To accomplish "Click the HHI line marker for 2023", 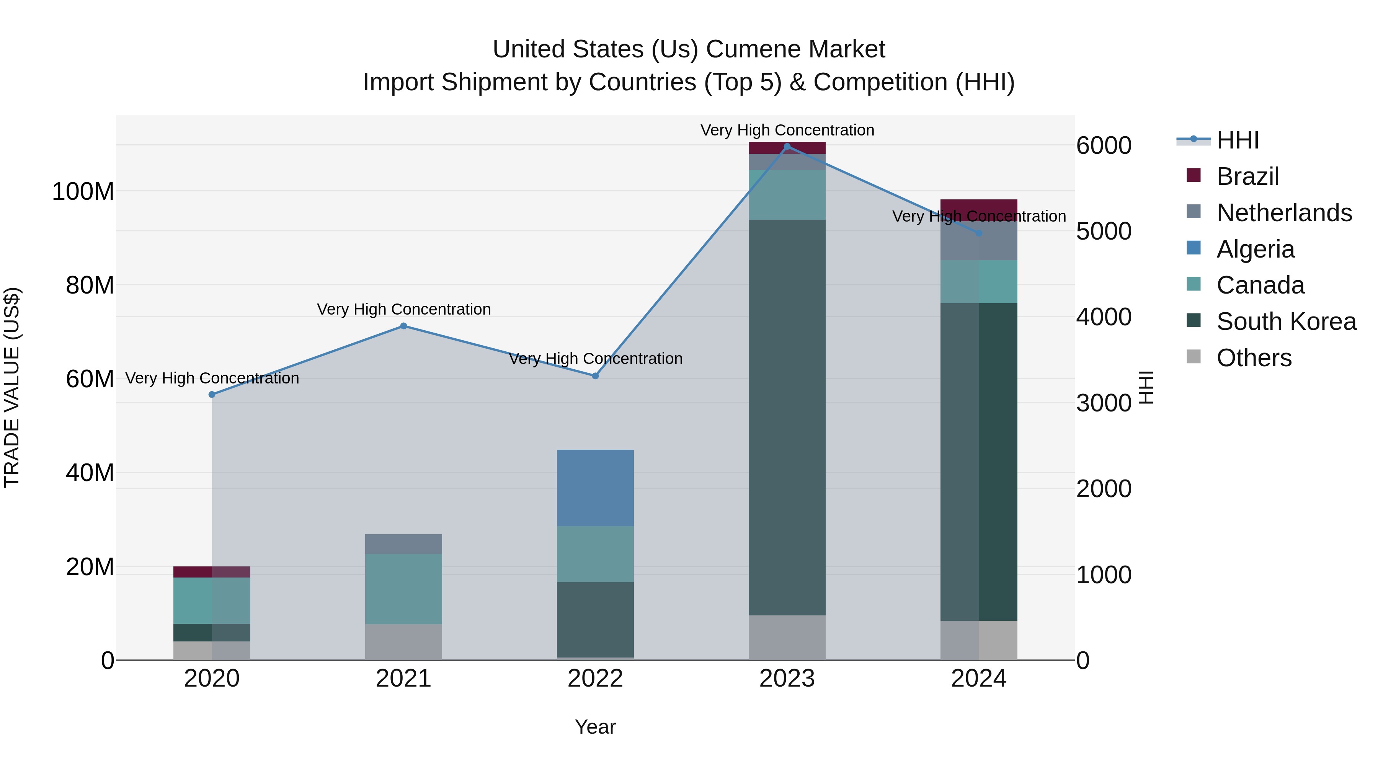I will click(x=787, y=146).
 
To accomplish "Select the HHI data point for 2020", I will click(x=212, y=394).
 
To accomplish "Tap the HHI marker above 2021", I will click(x=403, y=326).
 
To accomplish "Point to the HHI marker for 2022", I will click(x=595, y=375).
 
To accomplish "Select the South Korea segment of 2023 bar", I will click(x=787, y=417).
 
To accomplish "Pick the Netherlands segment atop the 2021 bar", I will click(x=403, y=543).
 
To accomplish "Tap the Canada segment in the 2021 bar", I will click(x=403, y=588).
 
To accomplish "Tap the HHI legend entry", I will click(x=1237, y=140).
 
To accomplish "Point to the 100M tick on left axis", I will click(x=83, y=191).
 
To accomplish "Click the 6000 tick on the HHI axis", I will click(x=1104, y=145).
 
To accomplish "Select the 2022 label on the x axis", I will click(x=595, y=679).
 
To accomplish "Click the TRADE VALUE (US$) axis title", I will click(x=12, y=387).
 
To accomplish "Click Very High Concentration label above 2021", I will click(x=403, y=309).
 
